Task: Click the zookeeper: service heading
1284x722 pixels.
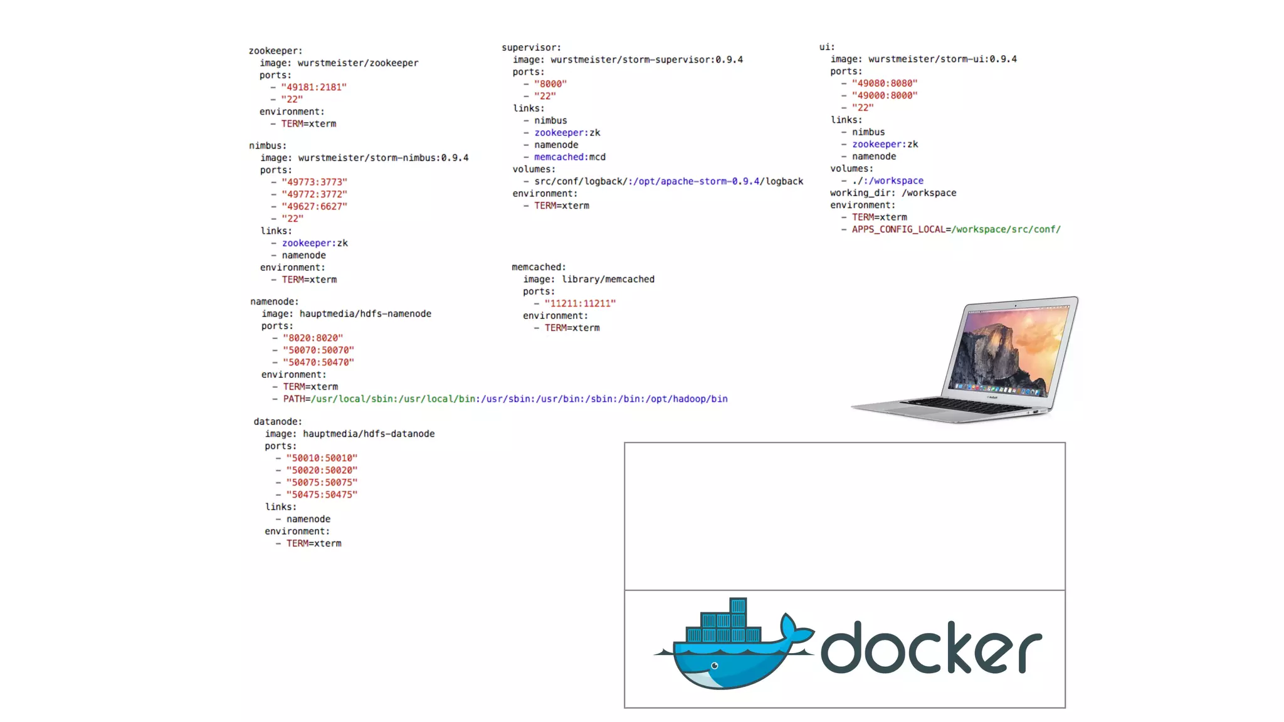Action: [x=275, y=51]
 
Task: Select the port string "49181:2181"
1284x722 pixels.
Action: [x=313, y=87]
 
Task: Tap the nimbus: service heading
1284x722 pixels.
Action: [x=268, y=145]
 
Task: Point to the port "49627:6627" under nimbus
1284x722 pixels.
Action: [x=314, y=206]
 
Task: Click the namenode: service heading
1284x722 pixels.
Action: [x=275, y=301]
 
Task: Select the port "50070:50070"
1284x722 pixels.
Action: [x=318, y=350]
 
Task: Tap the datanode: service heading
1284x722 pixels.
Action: [x=278, y=421]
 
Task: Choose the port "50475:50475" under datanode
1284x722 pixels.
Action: [x=322, y=494]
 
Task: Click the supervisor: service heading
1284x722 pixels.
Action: [x=531, y=48]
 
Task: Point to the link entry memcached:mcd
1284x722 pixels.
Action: [x=569, y=157]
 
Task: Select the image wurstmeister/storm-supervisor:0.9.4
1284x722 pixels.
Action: [x=646, y=60]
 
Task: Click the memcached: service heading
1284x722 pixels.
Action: [x=539, y=267]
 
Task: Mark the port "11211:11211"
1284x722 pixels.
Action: [x=580, y=303]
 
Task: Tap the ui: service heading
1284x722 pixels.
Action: [x=827, y=47]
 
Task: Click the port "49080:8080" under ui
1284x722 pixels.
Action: [x=885, y=83]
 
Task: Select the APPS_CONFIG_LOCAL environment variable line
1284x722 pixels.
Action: [x=955, y=229]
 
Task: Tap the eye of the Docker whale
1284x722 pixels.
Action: [x=715, y=666]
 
